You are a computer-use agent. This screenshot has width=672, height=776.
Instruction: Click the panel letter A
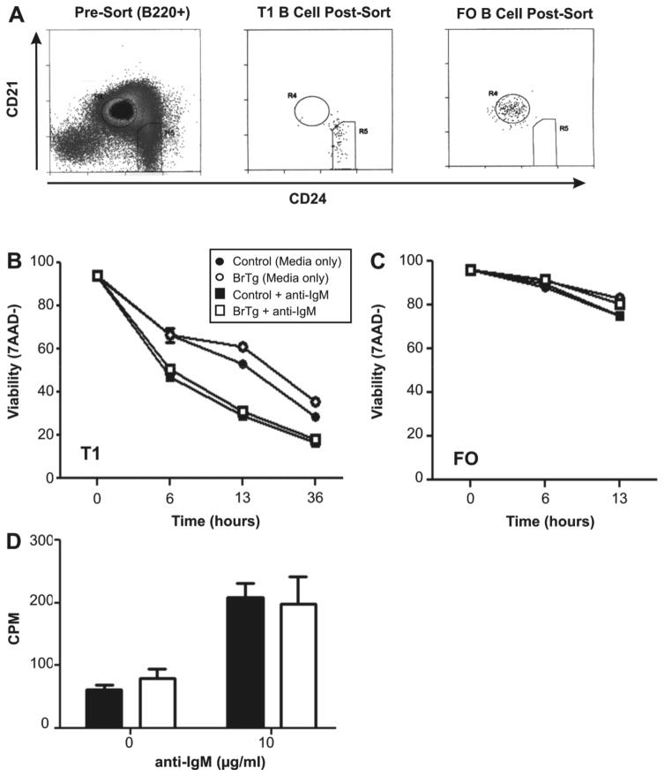14,13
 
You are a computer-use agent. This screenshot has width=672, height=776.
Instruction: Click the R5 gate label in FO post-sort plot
564,128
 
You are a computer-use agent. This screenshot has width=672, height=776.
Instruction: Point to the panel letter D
14,535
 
